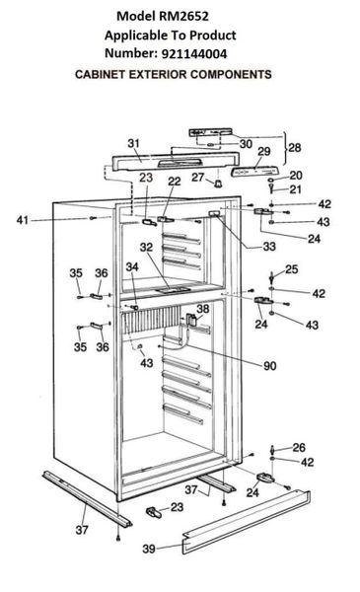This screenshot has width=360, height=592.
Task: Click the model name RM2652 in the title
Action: (x=183, y=16)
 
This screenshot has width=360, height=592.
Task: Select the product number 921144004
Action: (x=194, y=54)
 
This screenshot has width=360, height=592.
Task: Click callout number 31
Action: (x=133, y=143)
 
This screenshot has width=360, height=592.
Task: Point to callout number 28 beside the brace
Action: (x=295, y=148)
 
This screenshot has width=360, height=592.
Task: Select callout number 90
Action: (x=270, y=366)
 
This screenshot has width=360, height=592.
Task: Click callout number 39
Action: (x=149, y=549)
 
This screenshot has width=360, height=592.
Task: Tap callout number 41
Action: (x=23, y=220)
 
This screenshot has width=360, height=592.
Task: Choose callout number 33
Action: (x=269, y=247)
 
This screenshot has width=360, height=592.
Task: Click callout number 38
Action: (x=202, y=309)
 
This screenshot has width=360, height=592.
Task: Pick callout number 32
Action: (x=146, y=248)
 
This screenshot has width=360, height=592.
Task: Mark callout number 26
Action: (x=299, y=447)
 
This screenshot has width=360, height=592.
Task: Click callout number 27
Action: (x=197, y=177)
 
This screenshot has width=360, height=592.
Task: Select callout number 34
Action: (x=132, y=267)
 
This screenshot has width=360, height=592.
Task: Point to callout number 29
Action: (x=264, y=151)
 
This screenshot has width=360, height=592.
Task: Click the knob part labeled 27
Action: (x=219, y=184)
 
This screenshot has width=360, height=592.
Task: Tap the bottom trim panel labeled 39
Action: (x=246, y=522)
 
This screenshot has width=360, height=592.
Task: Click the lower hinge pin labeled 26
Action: (x=271, y=449)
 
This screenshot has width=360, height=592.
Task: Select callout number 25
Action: (x=291, y=269)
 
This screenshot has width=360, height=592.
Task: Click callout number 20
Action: (x=296, y=176)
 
